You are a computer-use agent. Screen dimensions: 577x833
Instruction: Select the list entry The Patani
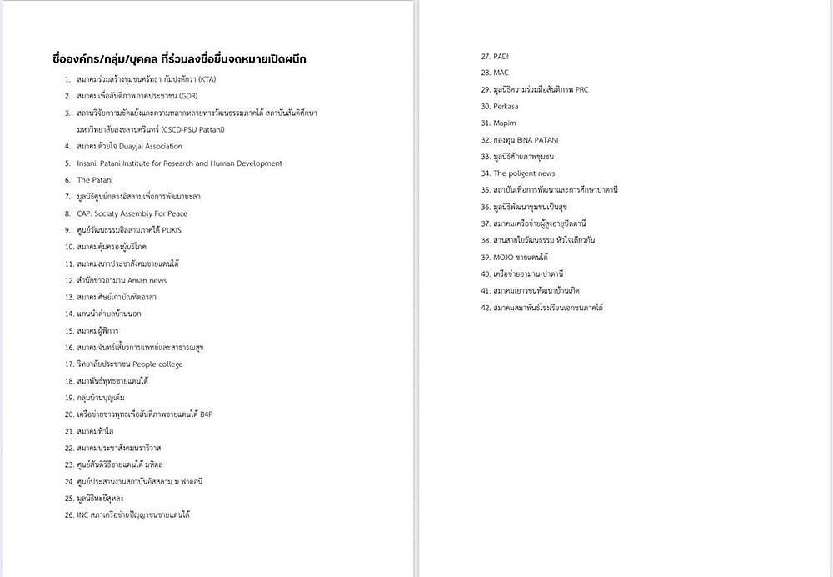pos(95,180)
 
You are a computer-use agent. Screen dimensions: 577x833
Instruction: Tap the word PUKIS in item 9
pos(170,230)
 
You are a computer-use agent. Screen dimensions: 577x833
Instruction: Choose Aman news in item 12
pos(147,281)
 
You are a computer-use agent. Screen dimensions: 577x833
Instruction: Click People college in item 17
pos(157,364)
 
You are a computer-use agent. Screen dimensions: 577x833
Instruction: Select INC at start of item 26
pos(82,515)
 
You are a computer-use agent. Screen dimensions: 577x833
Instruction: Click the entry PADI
pos(501,56)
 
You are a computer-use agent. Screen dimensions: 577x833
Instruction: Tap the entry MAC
pos(501,73)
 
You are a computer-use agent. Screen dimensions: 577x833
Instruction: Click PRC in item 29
pos(580,89)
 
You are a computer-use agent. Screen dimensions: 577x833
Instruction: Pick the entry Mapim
pos(505,123)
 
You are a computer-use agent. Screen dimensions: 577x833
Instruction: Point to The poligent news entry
pos(524,173)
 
